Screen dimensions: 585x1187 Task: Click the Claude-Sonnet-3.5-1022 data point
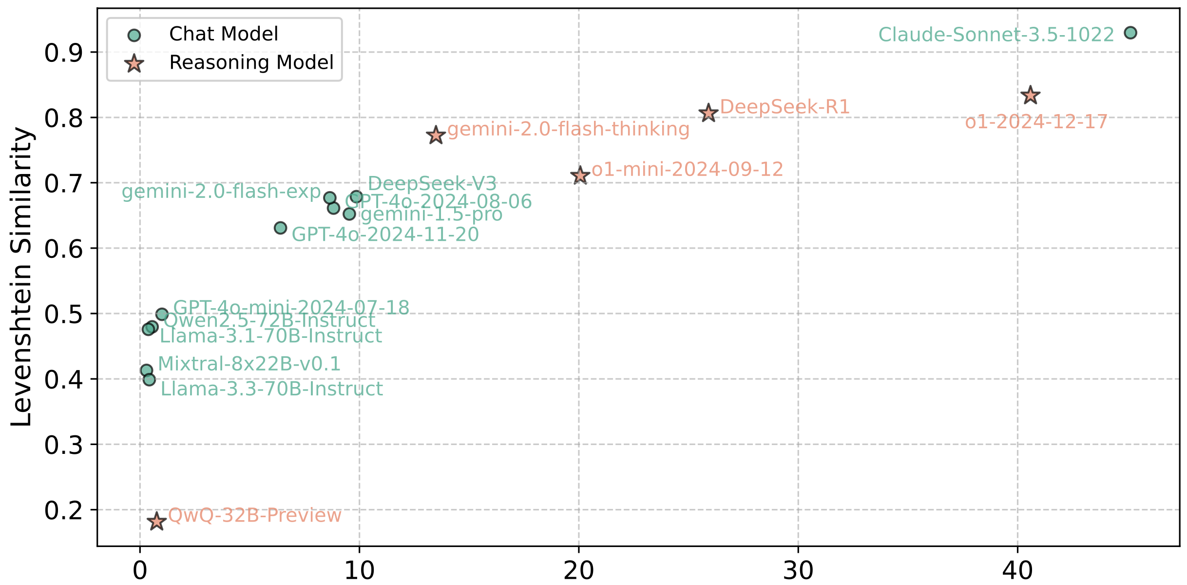(x=1130, y=33)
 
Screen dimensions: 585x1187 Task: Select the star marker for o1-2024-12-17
(x=1030, y=96)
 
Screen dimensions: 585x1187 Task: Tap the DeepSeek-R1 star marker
(x=708, y=114)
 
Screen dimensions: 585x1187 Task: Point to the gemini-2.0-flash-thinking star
(x=436, y=136)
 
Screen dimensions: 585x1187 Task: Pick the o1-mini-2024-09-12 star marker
(x=580, y=175)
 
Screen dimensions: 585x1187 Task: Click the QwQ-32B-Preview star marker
(x=156, y=522)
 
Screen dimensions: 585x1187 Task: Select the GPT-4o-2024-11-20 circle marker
(x=280, y=228)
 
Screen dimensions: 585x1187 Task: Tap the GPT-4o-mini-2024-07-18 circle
(x=162, y=314)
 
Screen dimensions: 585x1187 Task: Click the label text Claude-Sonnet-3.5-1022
(x=996, y=35)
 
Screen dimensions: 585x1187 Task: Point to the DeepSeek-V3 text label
(x=432, y=184)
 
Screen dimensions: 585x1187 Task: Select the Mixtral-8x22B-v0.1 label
(x=249, y=364)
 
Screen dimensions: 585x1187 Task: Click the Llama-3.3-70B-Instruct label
(x=272, y=389)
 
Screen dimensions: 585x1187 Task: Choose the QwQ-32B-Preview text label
(x=255, y=515)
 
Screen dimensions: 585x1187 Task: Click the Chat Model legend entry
(x=223, y=34)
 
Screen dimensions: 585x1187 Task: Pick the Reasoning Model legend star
(x=134, y=63)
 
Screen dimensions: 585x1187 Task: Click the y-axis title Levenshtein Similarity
(x=21, y=277)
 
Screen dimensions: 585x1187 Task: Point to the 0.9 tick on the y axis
(x=63, y=53)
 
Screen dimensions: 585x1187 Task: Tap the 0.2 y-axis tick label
(x=63, y=510)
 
